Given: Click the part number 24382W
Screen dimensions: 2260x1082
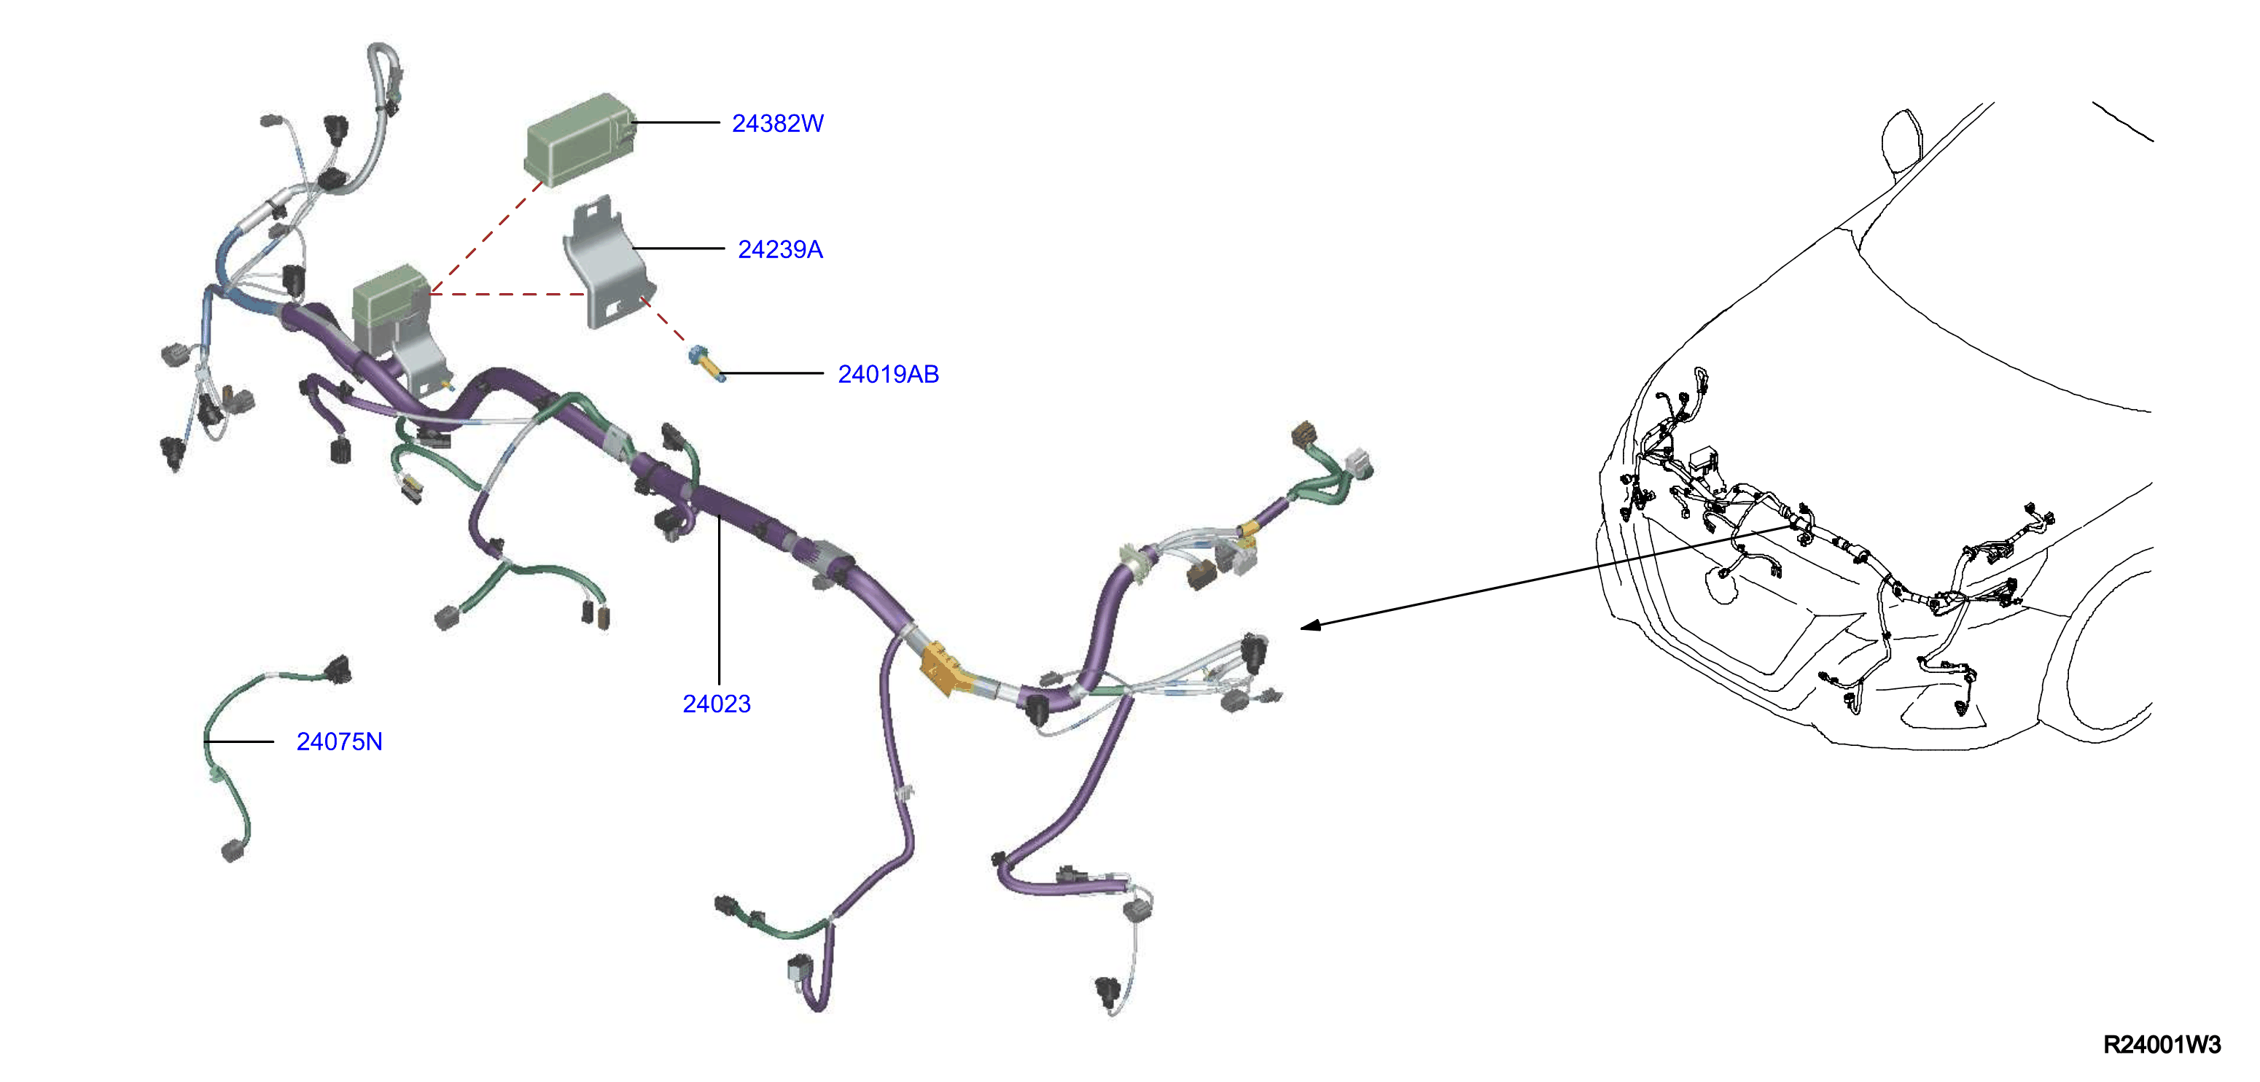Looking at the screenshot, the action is pyautogui.click(x=777, y=124).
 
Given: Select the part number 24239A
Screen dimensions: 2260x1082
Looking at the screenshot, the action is pyautogui.click(x=780, y=250).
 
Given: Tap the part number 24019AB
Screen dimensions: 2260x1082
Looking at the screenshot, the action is pyautogui.click(x=888, y=375).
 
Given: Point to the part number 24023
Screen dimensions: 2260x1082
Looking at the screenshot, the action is pyautogui.click(x=717, y=704).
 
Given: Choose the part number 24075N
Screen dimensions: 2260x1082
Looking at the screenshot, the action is pyautogui.click(x=340, y=742).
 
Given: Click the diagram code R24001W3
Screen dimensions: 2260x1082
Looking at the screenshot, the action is pyautogui.click(x=2162, y=1044).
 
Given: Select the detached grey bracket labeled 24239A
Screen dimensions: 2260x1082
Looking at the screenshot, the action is pyautogui.click(x=608, y=262).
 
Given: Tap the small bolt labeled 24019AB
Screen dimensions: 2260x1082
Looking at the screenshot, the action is pyautogui.click(x=707, y=364).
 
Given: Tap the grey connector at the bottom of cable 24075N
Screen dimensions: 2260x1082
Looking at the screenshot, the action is pyautogui.click(x=234, y=849).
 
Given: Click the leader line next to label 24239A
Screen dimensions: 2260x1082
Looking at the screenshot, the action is pyautogui.click(x=678, y=249).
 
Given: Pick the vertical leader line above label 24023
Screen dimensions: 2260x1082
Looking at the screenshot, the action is pyautogui.click(x=719, y=600).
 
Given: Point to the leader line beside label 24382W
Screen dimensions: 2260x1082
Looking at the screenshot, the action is pyautogui.click(x=674, y=122).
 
